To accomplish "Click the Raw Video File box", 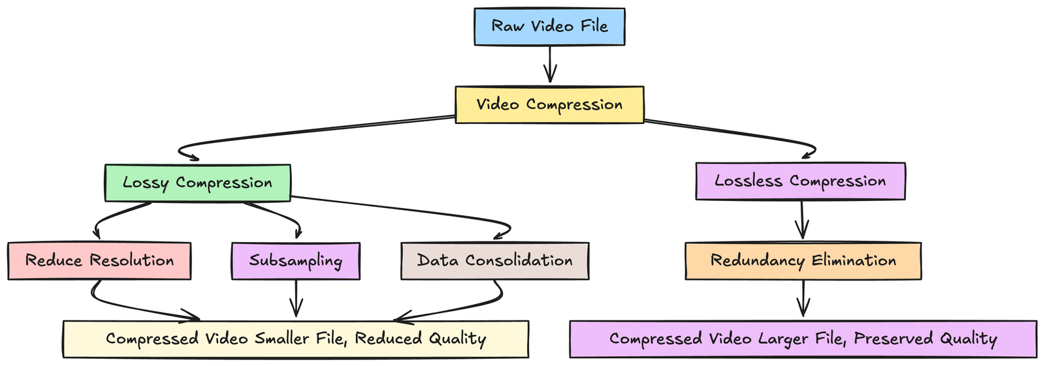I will [x=549, y=27].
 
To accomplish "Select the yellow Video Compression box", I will [x=549, y=104].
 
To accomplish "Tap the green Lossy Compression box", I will [x=197, y=183].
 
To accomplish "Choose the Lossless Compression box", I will [x=800, y=181].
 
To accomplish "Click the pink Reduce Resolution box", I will [x=99, y=261].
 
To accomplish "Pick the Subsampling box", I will [x=295, y=261].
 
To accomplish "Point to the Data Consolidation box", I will [x=494, y=261].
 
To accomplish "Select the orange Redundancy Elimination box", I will [x=803, y=261].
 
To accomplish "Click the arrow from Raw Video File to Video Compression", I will [x=550, y=65].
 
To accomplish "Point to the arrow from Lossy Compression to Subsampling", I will [x=278, y=215].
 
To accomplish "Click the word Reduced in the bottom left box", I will [x=388, y=339].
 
